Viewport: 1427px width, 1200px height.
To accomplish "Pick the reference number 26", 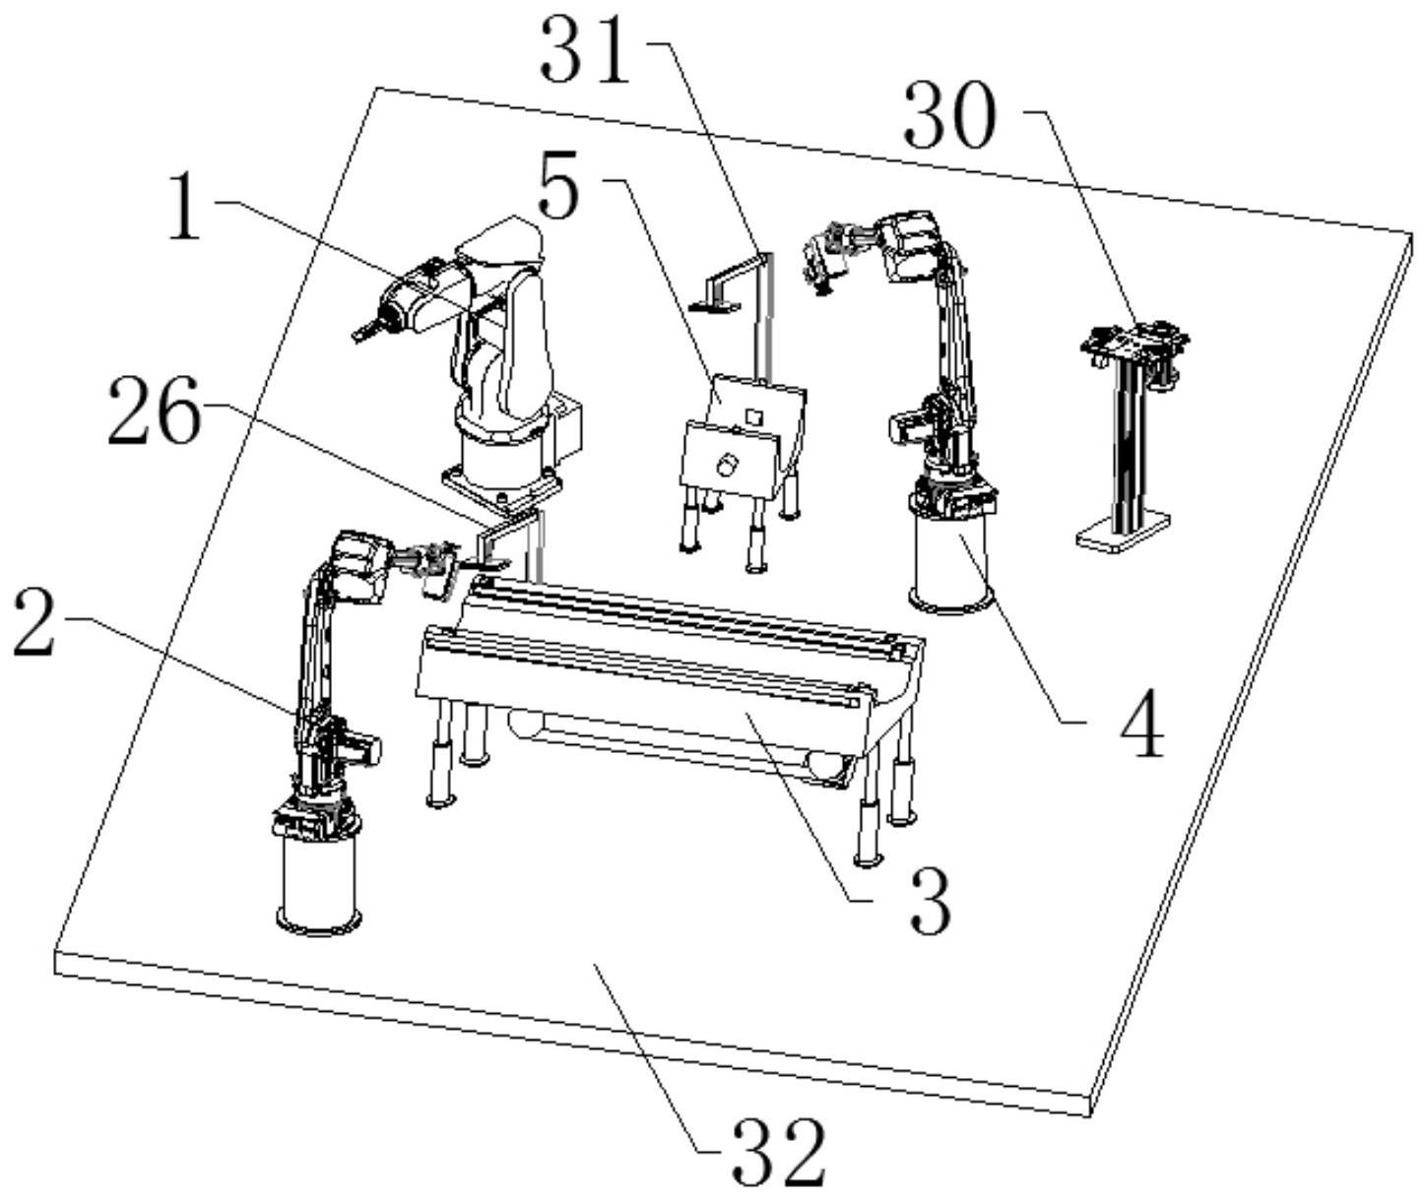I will tap(153, 414).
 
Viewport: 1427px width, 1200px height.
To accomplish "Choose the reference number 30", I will tap(950, 117).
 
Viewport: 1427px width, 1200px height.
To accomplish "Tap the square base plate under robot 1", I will tap(501, 486).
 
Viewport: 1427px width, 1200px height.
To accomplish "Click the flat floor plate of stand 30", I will tap(1123, 533).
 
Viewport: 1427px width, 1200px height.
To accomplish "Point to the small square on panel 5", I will tap(753, 416).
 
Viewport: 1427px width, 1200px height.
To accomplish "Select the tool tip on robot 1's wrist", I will tap(362, 332).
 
